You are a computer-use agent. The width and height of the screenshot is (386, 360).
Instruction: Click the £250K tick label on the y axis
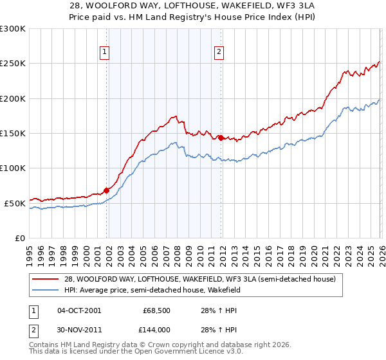[13, 64]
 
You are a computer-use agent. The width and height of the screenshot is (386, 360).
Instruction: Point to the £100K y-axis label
[13, 168]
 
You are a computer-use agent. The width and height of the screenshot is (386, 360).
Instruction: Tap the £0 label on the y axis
[21, 238]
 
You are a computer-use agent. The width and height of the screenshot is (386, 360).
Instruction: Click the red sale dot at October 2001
[106, 190]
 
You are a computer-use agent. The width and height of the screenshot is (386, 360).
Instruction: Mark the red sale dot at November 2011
[221, 137]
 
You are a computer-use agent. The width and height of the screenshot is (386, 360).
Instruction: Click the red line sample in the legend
[46, 279]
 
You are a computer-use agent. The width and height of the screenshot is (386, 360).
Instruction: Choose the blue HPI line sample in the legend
[46, 290]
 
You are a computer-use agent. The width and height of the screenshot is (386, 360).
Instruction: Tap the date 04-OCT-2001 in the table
[79, 310]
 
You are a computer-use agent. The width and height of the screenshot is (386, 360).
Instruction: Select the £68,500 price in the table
[154, 310]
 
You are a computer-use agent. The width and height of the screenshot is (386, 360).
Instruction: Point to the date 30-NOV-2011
[79, 328]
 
